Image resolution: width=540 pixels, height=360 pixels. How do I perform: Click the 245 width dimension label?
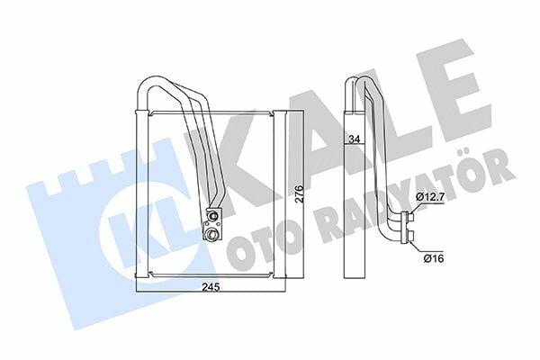(x=211, y=286)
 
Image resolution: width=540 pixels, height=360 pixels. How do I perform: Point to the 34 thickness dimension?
(x=354, y=139)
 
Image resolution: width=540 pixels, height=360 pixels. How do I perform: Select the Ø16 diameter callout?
(x=434, y=257)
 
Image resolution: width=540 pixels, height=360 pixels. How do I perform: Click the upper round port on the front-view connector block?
(x=212, y=216)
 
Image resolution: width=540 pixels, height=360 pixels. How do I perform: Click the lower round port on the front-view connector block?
(x=210, y=235)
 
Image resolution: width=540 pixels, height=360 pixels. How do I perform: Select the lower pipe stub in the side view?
(x=410, y=236)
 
